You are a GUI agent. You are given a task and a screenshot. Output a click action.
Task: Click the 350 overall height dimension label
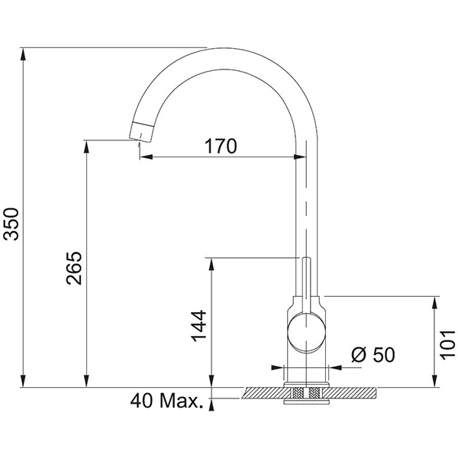point(11,224)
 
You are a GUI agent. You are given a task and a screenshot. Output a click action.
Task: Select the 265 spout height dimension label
point(74,268)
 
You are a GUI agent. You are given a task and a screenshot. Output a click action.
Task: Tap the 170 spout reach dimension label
point(221,146)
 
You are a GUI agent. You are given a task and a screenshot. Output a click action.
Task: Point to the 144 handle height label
point(198,326)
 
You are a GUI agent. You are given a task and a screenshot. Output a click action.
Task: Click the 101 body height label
point(448,345)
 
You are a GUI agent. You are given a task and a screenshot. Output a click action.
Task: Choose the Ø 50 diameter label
point(373,355)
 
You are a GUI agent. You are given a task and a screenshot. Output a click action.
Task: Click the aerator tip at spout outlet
point(140,132)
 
